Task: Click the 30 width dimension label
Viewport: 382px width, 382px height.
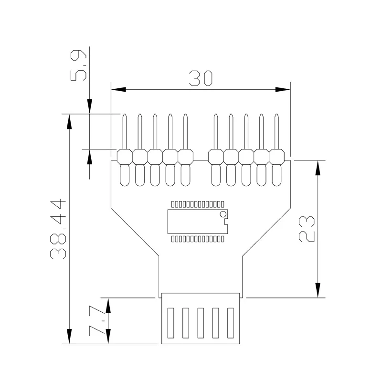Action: pyautogui.click(x=201, y=78)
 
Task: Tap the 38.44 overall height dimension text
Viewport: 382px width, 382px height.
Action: pyautogui.click(x=58, y=229)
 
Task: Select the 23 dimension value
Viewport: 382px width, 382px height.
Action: pyautogui.click(x=307, y=229)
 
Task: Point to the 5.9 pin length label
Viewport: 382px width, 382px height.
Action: pyautogui.click(x=78, y=65)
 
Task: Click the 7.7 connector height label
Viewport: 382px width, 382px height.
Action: pyautogui.click(x=97, y=320)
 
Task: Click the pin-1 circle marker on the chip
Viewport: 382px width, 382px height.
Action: pyautogui.click(x=223, y=214)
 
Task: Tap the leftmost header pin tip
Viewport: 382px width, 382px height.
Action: pyautogui.click(x=125, y=115)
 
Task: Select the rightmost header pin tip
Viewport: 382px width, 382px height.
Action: pyautogui.click(x=276, y=115)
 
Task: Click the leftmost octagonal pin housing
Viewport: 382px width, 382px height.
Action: pyautogui.click(x=125, y=157)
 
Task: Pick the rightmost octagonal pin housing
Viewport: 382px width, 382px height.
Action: pyautogui.click(x=277, y=157)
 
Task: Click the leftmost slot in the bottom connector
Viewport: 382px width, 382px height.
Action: pyautogui.click(x=171, y=323)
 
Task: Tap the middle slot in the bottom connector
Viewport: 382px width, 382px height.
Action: pyautogui.click(x=201, y=323)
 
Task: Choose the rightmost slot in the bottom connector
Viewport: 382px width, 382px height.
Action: pyautogui.click(x=231, y=323)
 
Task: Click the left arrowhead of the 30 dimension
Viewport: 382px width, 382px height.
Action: pyautogui.click(x=118, y=89)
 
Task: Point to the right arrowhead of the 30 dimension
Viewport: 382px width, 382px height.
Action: pyautogui.click(x=283, y=89)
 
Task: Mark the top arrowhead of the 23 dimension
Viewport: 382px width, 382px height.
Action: pyautogui.click(x=318, y=168)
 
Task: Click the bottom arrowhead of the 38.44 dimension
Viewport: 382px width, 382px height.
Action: pyautogui.click(x=69, y=337)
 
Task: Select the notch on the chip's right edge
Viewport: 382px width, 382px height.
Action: pyautogui.click(x=226, y=222)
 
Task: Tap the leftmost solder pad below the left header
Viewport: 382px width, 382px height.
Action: pyautogui.click(x=125, y=175)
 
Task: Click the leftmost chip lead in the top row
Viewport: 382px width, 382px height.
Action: pyautogui.click(x=173, y=204)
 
